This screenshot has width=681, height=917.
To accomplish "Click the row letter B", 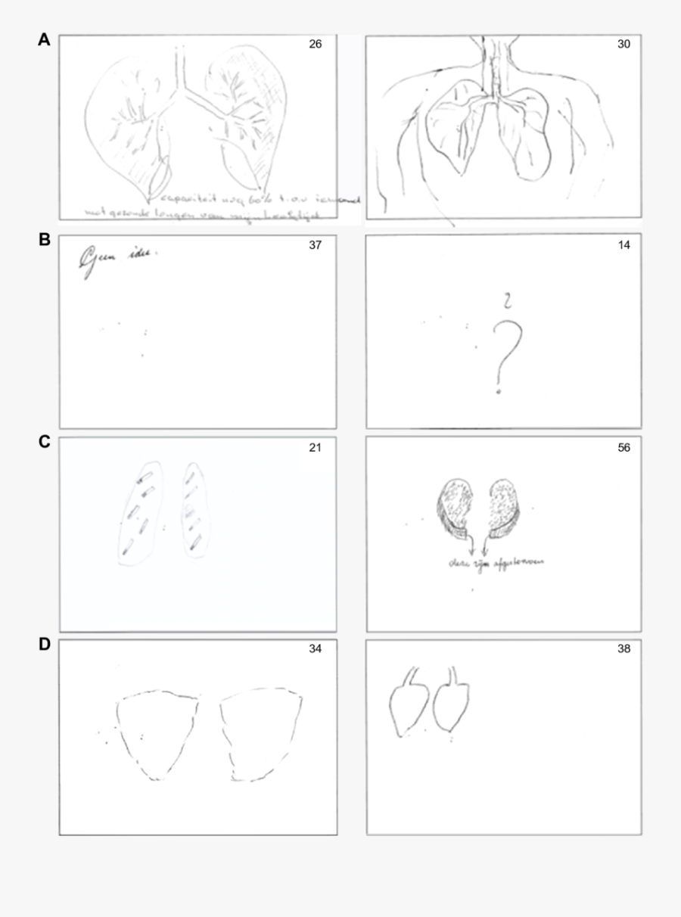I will tap(45, 241).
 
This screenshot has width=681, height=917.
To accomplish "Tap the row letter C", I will tap(45, 442).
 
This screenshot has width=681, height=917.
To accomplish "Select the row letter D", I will tap(45, 645).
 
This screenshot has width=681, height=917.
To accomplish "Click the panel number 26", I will tap(315, 45).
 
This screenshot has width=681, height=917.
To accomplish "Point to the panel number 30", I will tap(623, 45).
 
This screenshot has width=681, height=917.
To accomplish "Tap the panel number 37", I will tap(315, 245).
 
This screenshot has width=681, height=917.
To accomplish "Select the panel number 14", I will tap(623, 245).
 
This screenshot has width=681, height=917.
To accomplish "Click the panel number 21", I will tap(315, 447).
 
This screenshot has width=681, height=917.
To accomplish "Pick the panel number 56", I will tap(623, 447).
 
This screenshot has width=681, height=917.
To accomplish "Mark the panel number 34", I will tap(315, 648).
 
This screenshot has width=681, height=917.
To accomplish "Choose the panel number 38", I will tap(623, 648).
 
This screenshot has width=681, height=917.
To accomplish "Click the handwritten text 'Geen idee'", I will tap(117, 259).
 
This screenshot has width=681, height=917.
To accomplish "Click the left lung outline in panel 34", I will tap(157, 730).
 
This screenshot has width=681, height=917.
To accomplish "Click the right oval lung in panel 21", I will tap(194, 511).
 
